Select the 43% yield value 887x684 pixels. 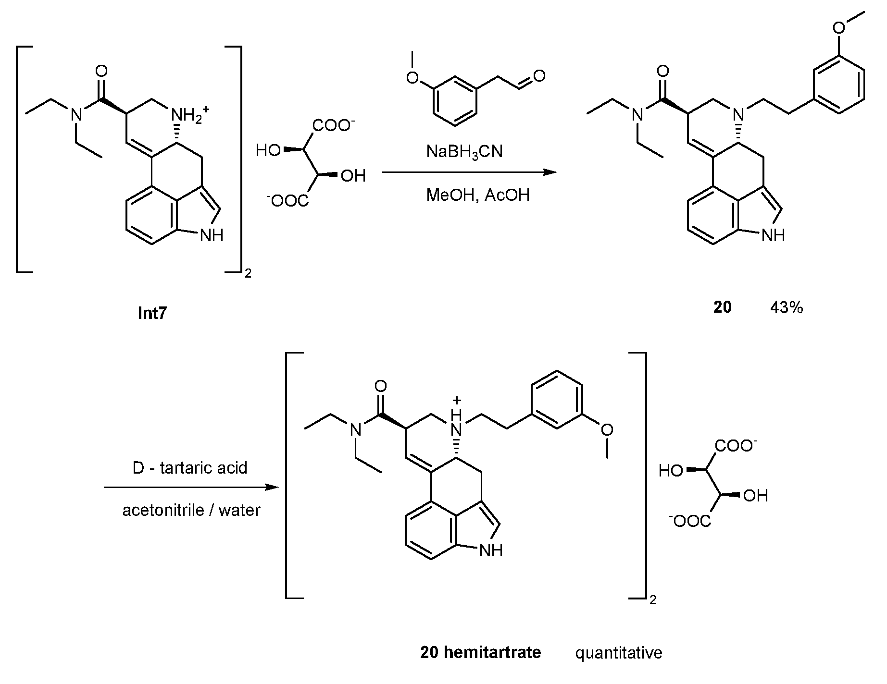tap(786, 307)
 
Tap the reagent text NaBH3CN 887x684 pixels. tap(464, 152)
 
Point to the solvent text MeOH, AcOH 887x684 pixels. tap(478, 195)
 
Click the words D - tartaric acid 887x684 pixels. tap(190, 467)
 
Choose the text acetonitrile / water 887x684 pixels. tap(191, 510)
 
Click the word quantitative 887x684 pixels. tap(619, 653)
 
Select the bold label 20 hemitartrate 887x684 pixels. tap(480, 652)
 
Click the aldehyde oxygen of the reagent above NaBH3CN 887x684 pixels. tap(539, 76)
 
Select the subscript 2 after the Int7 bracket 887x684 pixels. tap(248, 274)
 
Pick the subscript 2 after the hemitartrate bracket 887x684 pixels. tap(652, 600)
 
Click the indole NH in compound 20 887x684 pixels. tap(773, 235)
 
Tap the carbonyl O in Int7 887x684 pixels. tap(101, 72)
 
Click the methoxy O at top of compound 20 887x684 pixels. tap(839, 27)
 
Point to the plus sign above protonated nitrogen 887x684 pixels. tap(458, 400)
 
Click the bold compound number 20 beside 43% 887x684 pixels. tap(722, 307)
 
